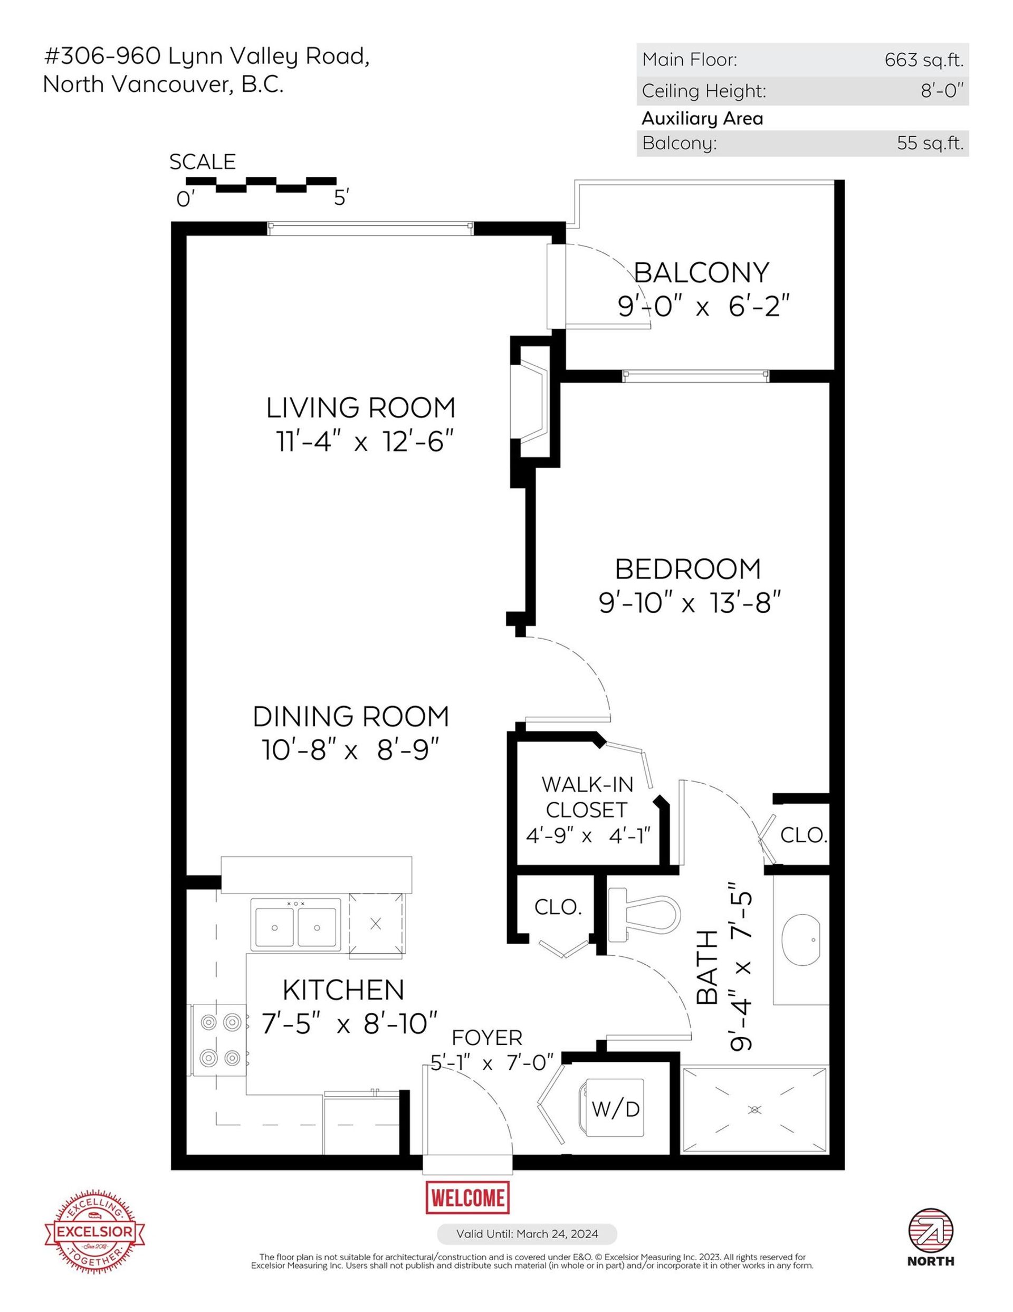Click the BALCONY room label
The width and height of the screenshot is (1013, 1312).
tap(701, 273)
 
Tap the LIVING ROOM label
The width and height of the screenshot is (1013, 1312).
tap(360, 408)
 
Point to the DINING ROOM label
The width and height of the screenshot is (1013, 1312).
tap(351, 717)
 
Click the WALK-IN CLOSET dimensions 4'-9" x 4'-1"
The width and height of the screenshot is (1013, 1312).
tap(588, 835)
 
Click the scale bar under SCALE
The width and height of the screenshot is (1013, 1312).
tap(261, 184)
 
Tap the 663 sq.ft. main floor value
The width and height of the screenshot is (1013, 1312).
tap(923, 60)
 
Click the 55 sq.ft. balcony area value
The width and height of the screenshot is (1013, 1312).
tap(930, 144)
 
